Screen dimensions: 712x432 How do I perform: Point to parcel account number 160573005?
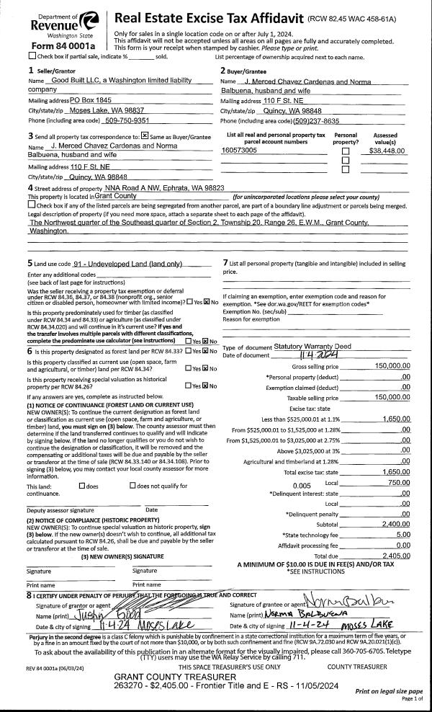[x=240, y=151]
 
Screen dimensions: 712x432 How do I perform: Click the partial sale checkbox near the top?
[x=32, y=55]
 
